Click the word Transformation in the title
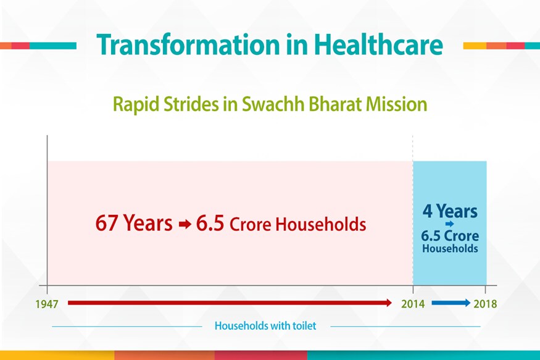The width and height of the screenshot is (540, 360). (188, 45)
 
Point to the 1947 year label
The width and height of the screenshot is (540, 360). (47, 304)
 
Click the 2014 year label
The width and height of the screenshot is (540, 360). (413, 304)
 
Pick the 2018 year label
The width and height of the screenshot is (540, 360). (485, 304)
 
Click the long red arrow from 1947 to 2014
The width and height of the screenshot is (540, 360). (230, 303)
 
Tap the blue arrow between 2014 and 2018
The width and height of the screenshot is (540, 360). (451, 303)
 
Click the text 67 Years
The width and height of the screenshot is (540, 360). (134, 223)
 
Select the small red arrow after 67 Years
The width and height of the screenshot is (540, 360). (185, 225)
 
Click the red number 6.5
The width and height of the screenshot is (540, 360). (210, 223)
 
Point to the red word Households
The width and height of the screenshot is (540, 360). (321, 224)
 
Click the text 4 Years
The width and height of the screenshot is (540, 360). (450, 211)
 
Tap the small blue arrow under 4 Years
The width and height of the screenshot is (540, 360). (449, 224)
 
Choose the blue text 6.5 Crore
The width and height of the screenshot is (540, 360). (450, 236)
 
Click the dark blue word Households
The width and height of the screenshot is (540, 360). (450, 248)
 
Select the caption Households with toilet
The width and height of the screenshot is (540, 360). (265, 325)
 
